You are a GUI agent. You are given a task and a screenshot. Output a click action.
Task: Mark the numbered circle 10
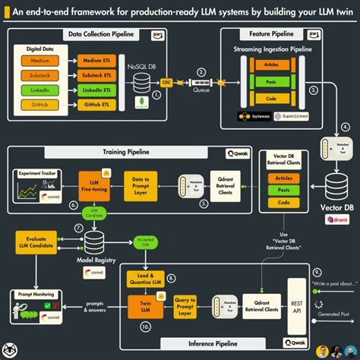[146, 327]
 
